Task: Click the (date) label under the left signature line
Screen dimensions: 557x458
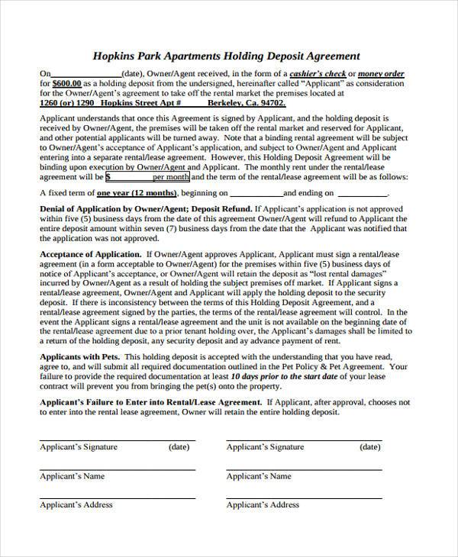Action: point(179,447)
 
